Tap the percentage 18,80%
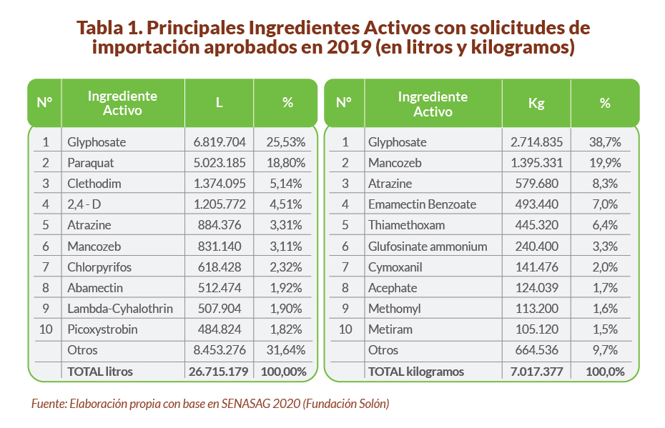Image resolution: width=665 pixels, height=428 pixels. [x=286, y=163]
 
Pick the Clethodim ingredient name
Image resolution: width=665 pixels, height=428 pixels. [x=94, y=184]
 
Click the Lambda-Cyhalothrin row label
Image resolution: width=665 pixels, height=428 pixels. [x=120, y=309]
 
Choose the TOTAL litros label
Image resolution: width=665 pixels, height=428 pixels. [x=100, y=372]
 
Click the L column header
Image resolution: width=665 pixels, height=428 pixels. [x=220, y=102]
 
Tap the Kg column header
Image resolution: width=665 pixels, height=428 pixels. [x=536, y=102]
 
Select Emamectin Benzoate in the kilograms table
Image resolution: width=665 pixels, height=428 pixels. [x=422, y=204]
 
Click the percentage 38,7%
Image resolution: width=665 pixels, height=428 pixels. [x=605, y=142]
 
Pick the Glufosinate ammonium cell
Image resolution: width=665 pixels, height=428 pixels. [x=428, y=247]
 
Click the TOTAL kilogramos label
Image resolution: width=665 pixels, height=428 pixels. [x=416, y=372]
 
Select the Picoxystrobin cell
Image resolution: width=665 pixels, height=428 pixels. [x=102, y=329]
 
